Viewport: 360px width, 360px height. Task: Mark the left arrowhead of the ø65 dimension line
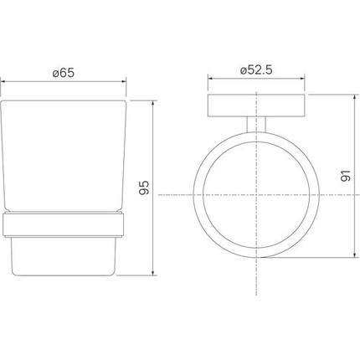pyautogui.click(x=4, y=82)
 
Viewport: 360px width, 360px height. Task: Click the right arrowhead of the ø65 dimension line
pyautogui.click(x=126, y=82)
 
